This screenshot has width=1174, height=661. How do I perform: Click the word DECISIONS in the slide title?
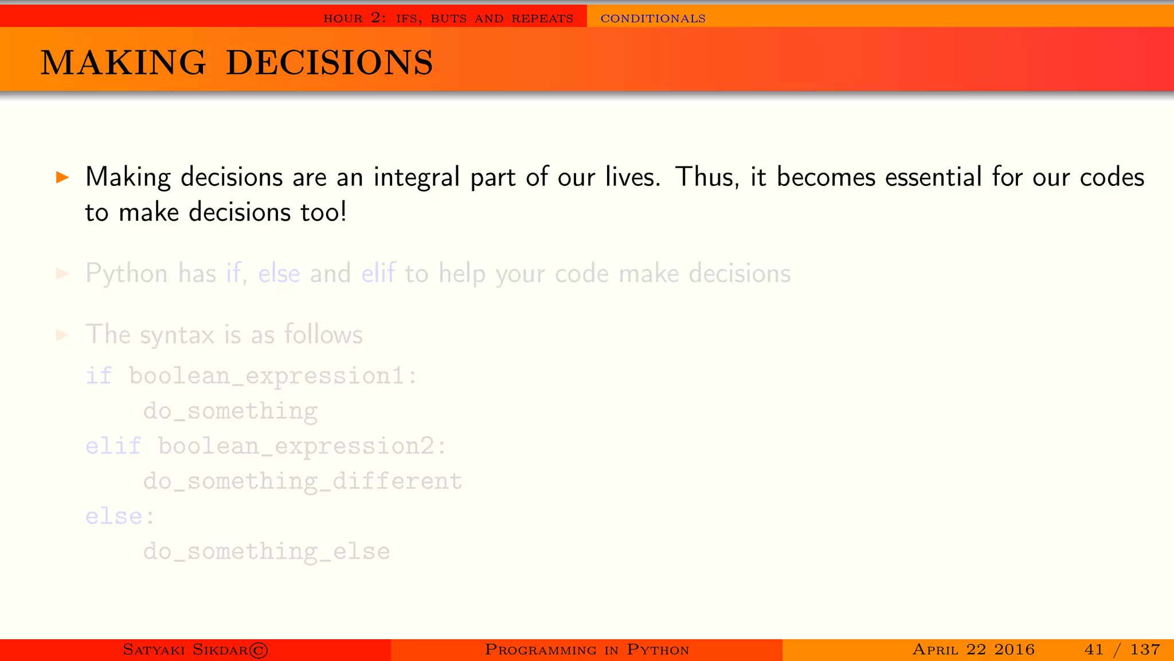coord(330,63)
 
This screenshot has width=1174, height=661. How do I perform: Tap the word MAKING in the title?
coord(123,63)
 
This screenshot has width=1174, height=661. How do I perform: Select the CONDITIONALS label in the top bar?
coord(653,18)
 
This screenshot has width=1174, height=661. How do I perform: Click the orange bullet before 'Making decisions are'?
coord(62,177)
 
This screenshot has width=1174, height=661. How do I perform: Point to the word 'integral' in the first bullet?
coord(417,177)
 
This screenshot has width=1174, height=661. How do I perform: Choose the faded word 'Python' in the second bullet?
coord(127,274)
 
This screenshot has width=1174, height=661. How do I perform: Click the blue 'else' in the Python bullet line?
coord(279,274)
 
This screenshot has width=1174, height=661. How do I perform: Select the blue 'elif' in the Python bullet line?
coord(378,274)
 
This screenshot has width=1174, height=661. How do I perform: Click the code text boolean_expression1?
coord(273,376)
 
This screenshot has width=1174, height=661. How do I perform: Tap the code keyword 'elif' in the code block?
coord(113,446)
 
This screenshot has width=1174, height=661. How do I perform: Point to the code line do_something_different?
coord(303,481)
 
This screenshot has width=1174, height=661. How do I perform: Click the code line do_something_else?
coord(267,551)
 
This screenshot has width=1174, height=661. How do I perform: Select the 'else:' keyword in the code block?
coord(120,516)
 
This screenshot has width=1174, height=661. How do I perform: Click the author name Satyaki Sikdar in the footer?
coord(185,650)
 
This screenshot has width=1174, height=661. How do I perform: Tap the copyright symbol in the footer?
coord(259,650)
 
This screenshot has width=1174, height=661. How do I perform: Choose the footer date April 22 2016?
coord(973,650)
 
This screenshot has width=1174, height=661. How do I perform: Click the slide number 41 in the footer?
coord(1094,650)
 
